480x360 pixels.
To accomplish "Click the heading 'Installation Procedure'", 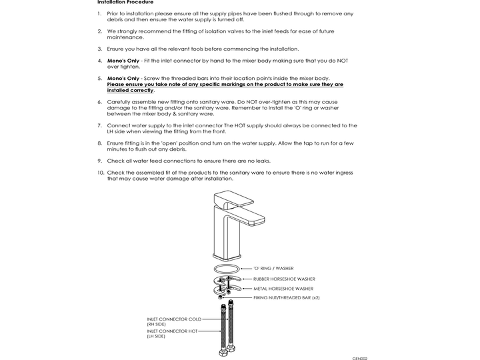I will [125, 3].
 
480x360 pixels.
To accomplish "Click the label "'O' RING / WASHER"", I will [273, 268].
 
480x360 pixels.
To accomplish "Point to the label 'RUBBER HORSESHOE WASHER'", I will [285, 279].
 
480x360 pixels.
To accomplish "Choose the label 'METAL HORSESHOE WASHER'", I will [284, 289].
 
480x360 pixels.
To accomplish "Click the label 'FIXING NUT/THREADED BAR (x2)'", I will [287, 297].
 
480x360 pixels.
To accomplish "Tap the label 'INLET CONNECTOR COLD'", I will [174, 319].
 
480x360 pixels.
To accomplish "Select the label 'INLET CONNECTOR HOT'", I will [173, 331].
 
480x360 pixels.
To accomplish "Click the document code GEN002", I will [360, 358].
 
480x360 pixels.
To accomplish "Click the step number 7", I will [99, 125].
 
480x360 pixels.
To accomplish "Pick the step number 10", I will [101, 173].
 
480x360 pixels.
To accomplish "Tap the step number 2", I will [99, 31].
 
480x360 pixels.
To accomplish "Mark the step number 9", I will [99, 161].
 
